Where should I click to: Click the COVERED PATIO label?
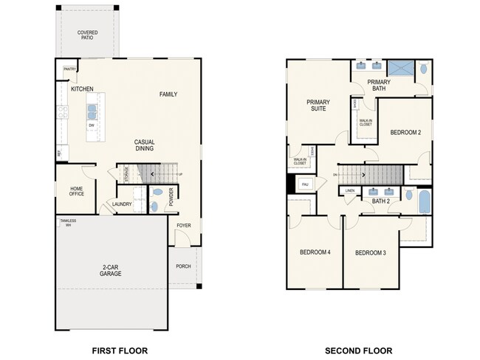tap(87, 35)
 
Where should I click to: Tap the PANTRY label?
tap(69, 69)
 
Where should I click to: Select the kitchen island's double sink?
tap(92, 111)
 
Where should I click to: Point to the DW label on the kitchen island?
tap(92, 125)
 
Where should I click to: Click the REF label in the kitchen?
tap(59, 153)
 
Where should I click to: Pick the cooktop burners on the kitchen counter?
tap(64, 113)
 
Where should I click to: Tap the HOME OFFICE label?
tap(76, 191)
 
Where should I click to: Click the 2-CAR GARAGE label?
tap(112, 270)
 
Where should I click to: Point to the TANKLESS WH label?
tap(67, 222)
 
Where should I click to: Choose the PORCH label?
tap(183, 267)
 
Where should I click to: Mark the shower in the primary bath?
tap(400, 69)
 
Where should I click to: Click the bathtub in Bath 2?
tap(425, 201)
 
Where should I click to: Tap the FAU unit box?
tap(304, 184)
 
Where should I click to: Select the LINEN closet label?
tap(349, 191)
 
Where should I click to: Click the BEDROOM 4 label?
tap(315, 252)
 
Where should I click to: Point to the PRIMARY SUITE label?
tap(318, 105)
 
